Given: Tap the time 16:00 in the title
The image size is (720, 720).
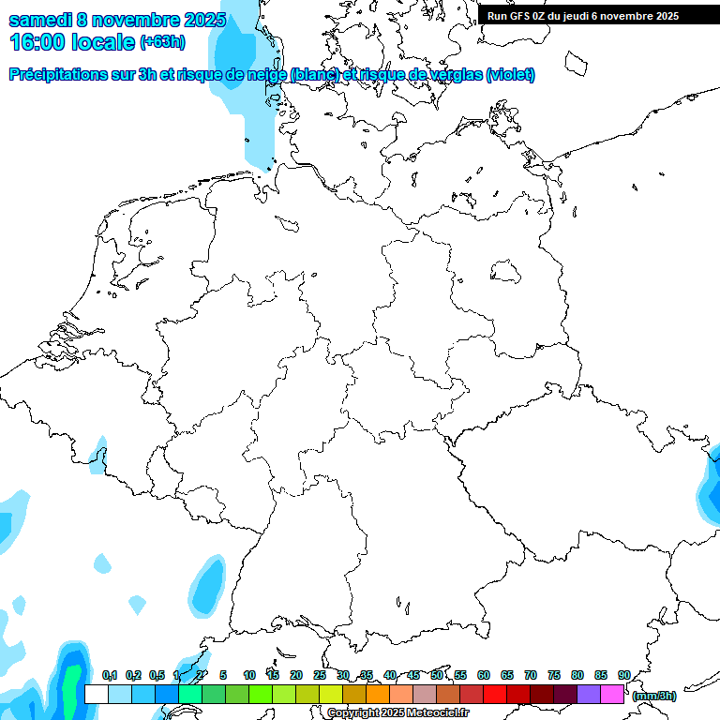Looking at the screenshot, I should pos(38,42).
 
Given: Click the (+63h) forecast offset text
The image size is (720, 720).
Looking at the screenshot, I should pos(162,42).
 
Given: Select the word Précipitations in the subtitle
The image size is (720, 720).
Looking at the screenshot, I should pos(63,74).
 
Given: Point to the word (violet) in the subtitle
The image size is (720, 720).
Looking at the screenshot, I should pos(510,74).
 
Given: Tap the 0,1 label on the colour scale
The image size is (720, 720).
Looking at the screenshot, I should pos(109,675).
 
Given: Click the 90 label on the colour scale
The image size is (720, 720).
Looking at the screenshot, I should pos(623,675).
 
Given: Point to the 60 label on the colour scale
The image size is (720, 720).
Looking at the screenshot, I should pos(484,675).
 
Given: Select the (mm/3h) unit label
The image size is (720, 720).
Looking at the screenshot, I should pos(654,696).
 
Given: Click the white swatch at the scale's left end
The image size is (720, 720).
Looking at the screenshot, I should pos(96,694).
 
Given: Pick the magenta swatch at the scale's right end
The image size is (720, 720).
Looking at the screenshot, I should pos(612,694).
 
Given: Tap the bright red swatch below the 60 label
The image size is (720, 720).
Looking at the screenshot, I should pos(495,694).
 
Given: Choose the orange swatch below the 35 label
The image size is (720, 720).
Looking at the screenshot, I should pos(378,694).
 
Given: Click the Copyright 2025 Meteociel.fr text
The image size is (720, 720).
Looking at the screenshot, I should pos(397,713).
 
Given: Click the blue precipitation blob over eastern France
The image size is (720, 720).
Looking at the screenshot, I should pos(207,586).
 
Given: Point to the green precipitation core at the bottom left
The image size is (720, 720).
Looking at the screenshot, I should pos(71,689).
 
